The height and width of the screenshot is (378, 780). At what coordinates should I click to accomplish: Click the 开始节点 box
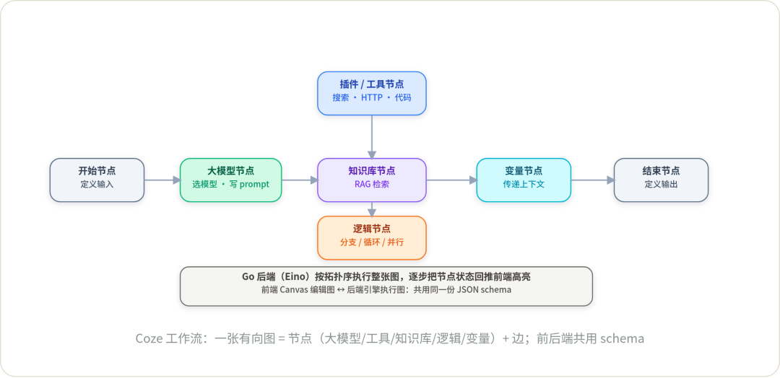tap(97, 180)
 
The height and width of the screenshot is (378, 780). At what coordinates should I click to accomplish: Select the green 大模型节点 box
tap(231, 180)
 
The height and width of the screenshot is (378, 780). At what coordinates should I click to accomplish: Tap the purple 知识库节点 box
tap(372, 180)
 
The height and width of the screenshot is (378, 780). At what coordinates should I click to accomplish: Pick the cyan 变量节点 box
tap(524, 180)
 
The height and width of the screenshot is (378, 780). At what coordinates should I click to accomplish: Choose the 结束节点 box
tap(661, 180)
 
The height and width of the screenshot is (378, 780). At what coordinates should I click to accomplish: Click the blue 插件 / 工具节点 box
tap(372, 93)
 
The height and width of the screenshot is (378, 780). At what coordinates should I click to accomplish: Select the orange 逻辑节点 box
tap(372, 238)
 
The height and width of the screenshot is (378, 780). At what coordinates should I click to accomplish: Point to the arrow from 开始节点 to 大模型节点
tap(162, 180)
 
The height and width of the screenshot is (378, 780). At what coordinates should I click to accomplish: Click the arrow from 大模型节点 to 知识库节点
tap(300, 180)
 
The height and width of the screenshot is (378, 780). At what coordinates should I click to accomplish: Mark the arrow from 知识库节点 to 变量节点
tap(451, 180)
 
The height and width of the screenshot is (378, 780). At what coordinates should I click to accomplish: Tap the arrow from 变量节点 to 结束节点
tap(592, 180)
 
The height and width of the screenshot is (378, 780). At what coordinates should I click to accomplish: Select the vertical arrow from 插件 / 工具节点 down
tap(372, 137)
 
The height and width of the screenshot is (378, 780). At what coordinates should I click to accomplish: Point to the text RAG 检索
tap(372, 184)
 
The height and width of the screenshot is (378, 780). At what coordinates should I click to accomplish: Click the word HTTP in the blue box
tap(372, 98)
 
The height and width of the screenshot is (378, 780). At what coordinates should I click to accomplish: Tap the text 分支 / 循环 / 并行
tap(372, 242)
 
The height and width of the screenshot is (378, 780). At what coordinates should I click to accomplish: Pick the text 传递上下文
tap(524, 184)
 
